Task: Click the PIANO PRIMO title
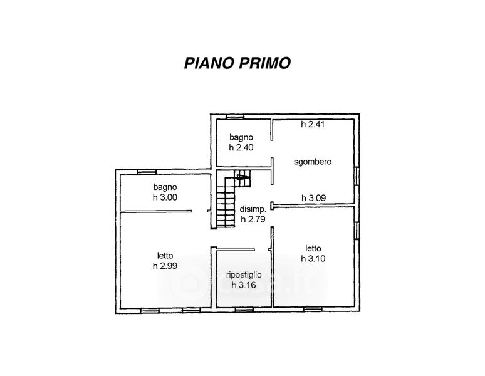[x=237, y=63]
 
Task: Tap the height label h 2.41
[x=313, y=124]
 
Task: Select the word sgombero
[x=313, y=162]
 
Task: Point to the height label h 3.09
[x=314, y=198]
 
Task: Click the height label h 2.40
[x=241, y=147]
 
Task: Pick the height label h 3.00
[x=165, y=197]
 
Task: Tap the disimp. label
[x=253, y=209]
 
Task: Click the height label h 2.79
[x=253, y=219]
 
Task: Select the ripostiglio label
[x=244, y=275]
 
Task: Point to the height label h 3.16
[x=244, y=285]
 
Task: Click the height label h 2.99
[x=165, y=266]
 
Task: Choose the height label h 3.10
[x=313, y=258]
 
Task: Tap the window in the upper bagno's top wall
[x=235, y=117]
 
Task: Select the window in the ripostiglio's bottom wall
[x=244, y=310]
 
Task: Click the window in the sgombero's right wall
[x=357, y=177]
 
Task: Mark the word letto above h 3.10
[x=313, y=248]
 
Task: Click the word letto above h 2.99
[x=165, y=256]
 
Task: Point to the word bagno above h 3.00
[x=165, y=187]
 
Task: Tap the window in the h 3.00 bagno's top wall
[x=147, y=172]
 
